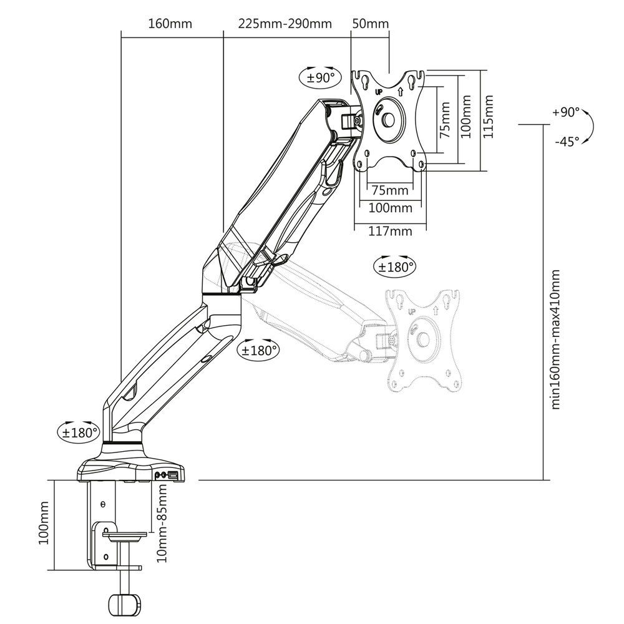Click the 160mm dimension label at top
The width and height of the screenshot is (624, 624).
point(170,24)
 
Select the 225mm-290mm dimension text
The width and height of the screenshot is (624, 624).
point(285,24)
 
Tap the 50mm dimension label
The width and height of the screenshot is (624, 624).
point(371,24)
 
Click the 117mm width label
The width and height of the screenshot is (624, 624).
point(391,232)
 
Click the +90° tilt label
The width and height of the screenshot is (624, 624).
point(566,113)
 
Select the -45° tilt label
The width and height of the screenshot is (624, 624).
point(566,142)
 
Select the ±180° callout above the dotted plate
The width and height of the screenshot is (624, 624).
point(395,266)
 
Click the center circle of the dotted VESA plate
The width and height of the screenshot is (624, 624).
point(422,339)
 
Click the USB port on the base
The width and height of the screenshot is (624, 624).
point(173,476)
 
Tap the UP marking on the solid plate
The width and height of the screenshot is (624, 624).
point(379,92)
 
